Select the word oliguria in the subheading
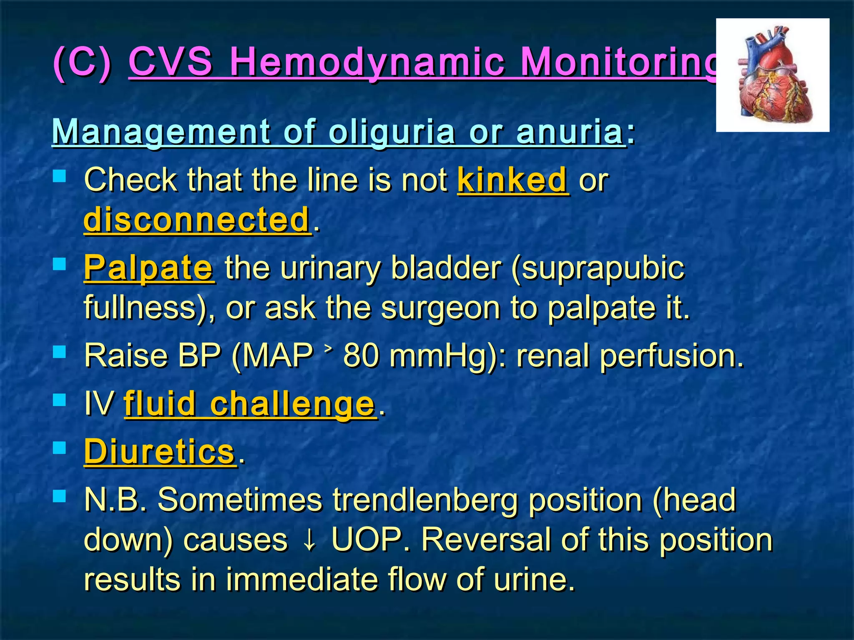[x=392, y=132]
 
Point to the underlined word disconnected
[x=197, y=220]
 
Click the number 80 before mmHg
[x=361, y=356]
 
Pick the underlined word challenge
[x=292, y=404]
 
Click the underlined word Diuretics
[x=160, y=452]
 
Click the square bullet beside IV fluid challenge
[x=60, y=400]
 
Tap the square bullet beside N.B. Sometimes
[x=60, y=496]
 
